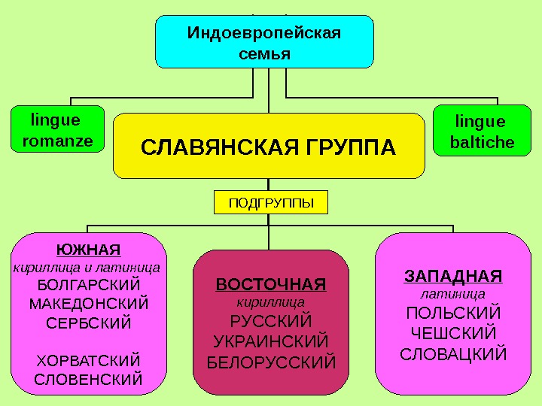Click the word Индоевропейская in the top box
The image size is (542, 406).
click(263, 34)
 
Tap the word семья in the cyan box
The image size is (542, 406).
click(263, 54)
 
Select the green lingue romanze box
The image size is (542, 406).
click(58, 130)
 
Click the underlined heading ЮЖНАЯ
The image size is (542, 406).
click(88, 249)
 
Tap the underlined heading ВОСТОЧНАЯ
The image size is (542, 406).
click(270, 285)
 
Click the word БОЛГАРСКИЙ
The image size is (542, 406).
click(88, 286)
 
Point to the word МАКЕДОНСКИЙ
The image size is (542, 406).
click(88, 304)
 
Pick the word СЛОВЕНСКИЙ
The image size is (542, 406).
click(88, 378)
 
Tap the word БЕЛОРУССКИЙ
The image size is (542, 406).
click(270, 362)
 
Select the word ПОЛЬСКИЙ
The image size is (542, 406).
click(452, 313)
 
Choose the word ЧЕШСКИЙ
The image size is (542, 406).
click(452, 332)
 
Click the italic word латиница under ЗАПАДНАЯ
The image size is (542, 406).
click(452, 294)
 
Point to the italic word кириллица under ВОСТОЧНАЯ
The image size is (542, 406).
click(270, 303)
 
